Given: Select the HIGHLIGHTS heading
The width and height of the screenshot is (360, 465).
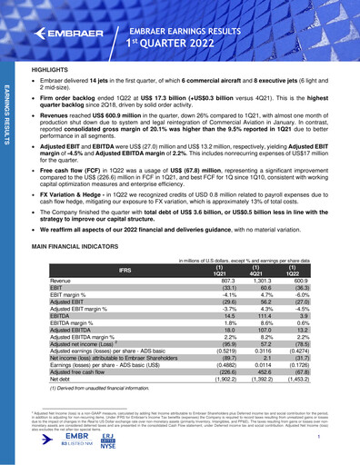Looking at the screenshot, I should pyautogui.click(x=53, y=69).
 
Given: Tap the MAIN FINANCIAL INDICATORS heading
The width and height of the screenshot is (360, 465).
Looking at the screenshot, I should pyautogui.click(x=93, y=246).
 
